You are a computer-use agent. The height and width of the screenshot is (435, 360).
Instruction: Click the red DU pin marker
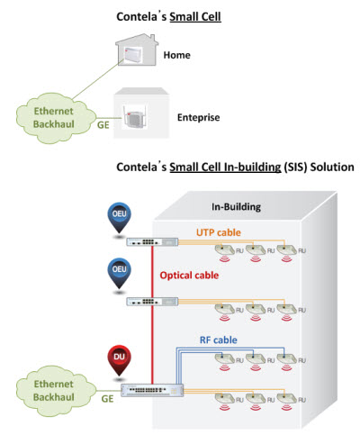[119, 360]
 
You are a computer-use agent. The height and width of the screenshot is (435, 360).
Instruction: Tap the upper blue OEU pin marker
[119, 217]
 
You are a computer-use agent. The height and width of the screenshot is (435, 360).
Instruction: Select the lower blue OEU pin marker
[119, 273]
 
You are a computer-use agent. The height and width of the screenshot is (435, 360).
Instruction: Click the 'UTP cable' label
[219, 232]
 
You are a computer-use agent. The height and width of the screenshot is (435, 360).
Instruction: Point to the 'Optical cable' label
[189, 276]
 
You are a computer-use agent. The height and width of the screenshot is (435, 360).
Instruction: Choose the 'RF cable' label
[219, 340]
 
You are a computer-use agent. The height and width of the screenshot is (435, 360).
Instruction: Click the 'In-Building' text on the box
[236, 207]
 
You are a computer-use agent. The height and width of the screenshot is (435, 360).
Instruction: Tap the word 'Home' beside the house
[176, 55]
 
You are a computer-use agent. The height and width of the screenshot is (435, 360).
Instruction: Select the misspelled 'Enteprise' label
[198, 117]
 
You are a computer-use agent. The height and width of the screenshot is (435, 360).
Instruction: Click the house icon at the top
[137, 50]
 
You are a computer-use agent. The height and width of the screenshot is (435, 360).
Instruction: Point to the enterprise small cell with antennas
[134, 117]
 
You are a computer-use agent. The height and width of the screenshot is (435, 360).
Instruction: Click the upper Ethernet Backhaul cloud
[54, 118]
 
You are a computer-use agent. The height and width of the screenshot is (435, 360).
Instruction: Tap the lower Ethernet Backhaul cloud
[54, 391]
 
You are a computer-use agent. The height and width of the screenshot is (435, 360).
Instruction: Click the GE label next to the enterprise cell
[103, 125]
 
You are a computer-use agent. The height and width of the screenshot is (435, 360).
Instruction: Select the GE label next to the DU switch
[107, 399]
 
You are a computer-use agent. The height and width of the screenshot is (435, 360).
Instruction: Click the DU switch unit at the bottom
[152, 390]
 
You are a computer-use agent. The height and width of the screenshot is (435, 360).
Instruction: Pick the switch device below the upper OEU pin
[152, 241]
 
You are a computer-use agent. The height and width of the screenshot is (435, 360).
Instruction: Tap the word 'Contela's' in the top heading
[141, 16]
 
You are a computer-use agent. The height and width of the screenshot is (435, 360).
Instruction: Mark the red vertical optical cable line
[152, 314]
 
